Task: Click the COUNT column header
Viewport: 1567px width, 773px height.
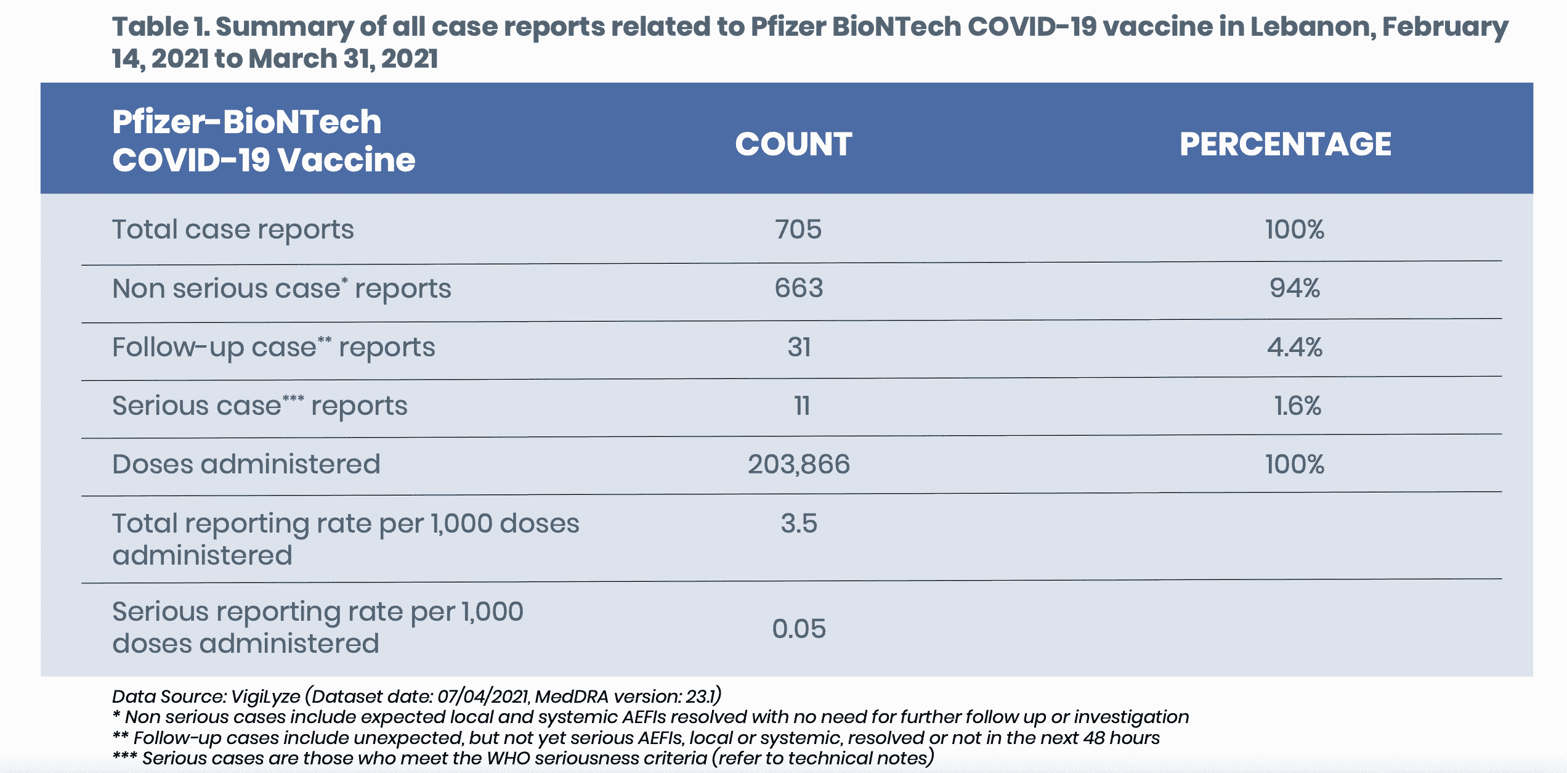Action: (x=793, y=144)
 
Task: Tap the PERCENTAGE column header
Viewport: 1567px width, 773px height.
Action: (x=1285, y=144)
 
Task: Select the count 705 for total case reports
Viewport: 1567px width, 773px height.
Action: (x=798, y=229)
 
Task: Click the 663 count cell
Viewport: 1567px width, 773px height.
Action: (x=798, y=288)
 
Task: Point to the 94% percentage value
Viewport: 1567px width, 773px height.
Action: (x=1294, y=288)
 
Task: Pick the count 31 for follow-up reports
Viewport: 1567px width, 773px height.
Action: (x=799, y=347)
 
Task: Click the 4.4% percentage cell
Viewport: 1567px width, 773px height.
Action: (x=1294, y=347)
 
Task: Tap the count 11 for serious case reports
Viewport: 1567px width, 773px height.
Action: (x=801, y=406)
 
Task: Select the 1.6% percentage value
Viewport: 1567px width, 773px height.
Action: (x=1297, y=406)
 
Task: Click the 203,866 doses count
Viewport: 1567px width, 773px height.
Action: (x=798, y=464)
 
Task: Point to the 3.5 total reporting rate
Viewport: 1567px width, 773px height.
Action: (x=799, y=523)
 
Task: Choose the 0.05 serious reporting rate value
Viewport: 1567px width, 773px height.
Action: (x=798, y=629)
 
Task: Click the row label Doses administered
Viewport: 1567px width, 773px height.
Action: (x=246, y=464)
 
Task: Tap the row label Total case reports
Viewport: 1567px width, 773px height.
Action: (x=233, y=229)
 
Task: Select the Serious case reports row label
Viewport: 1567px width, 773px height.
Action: (x=259, y=406)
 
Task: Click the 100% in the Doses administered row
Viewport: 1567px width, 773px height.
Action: (x=1294, y=464)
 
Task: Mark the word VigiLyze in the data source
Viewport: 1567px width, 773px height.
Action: (x=265, y=697)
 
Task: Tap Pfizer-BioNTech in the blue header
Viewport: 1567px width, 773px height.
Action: (x=246, y=121)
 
